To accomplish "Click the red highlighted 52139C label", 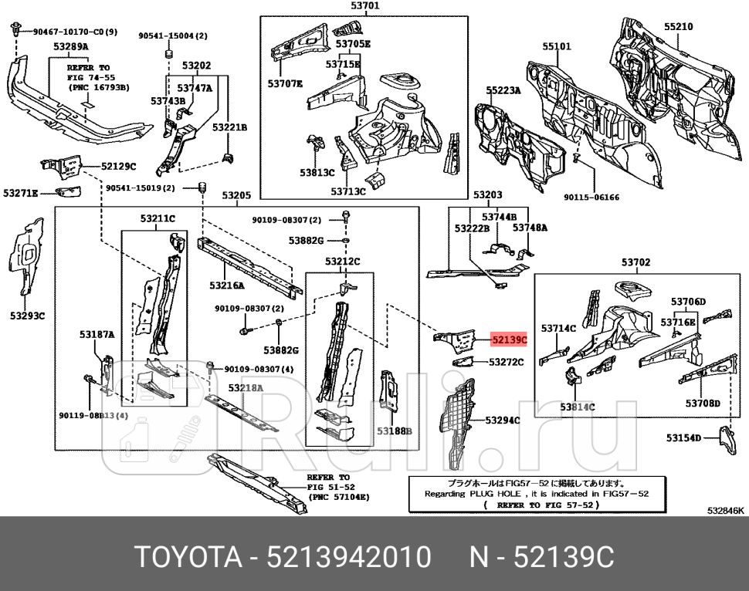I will coord(509,339).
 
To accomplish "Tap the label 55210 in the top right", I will coord(679,26).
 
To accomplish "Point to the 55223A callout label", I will coord(503,90).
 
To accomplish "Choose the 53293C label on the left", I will coord(27,316).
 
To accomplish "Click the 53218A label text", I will coord(246,387).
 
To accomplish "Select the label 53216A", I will coord(226,285).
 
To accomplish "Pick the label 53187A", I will coord(97,334).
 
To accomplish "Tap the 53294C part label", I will coord(502,420).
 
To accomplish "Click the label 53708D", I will coord(702,403).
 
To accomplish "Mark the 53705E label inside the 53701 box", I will coord(353,44).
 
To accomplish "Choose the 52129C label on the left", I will coord(118,166).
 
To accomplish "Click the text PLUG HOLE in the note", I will coord(493,494).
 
